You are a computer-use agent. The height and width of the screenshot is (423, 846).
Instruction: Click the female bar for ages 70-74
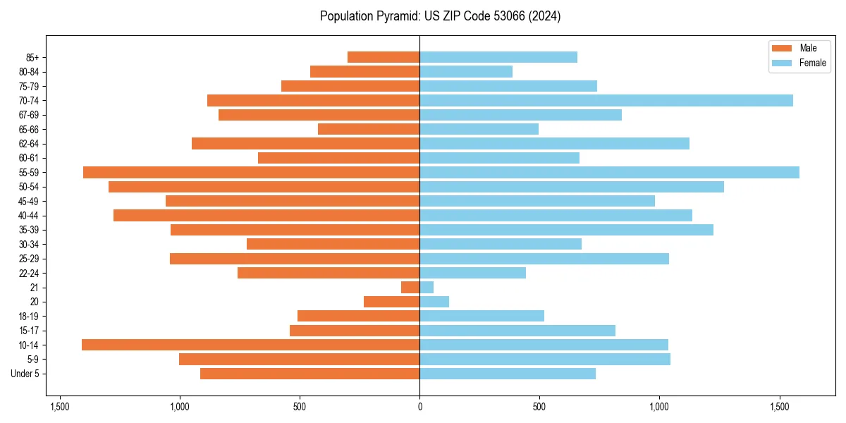pyautogui.click(x=606, y=100)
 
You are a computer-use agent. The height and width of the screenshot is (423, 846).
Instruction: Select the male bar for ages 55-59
pyautogui.click(x=251, y=172)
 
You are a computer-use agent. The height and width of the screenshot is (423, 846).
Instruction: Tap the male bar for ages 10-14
pyautogui.click(x=250, y=345)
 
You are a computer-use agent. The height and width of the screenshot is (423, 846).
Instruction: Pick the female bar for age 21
pyautogui.click(x=427, y=287)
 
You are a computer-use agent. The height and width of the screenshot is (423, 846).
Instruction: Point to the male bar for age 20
pyautogui.click(x=391, y=302)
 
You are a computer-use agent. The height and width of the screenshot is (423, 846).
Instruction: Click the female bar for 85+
pyautogui.click(x=498, y=57)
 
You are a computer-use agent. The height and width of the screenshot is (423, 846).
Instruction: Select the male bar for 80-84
pyautogui.click(x=364, y=71)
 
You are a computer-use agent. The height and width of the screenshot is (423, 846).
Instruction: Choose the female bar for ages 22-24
pyautogui.click(x=472, y=273)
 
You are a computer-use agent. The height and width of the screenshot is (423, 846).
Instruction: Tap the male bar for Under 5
pyautogui.click(x=309, y=374)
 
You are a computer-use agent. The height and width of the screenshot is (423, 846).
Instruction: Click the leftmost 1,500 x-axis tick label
pyautogui.click(x=60, y=407)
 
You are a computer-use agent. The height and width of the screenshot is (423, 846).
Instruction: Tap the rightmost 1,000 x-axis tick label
pyautogui.click(x=659, y=407)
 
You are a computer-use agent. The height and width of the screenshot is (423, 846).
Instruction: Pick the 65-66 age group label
pyautogui.click(x=29, y=129)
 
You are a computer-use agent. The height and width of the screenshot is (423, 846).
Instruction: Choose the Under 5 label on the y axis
pyautogui.click(x=25, y=374)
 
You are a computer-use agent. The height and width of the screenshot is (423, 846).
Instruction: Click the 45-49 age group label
pyautogui.click(x=29, y=201)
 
